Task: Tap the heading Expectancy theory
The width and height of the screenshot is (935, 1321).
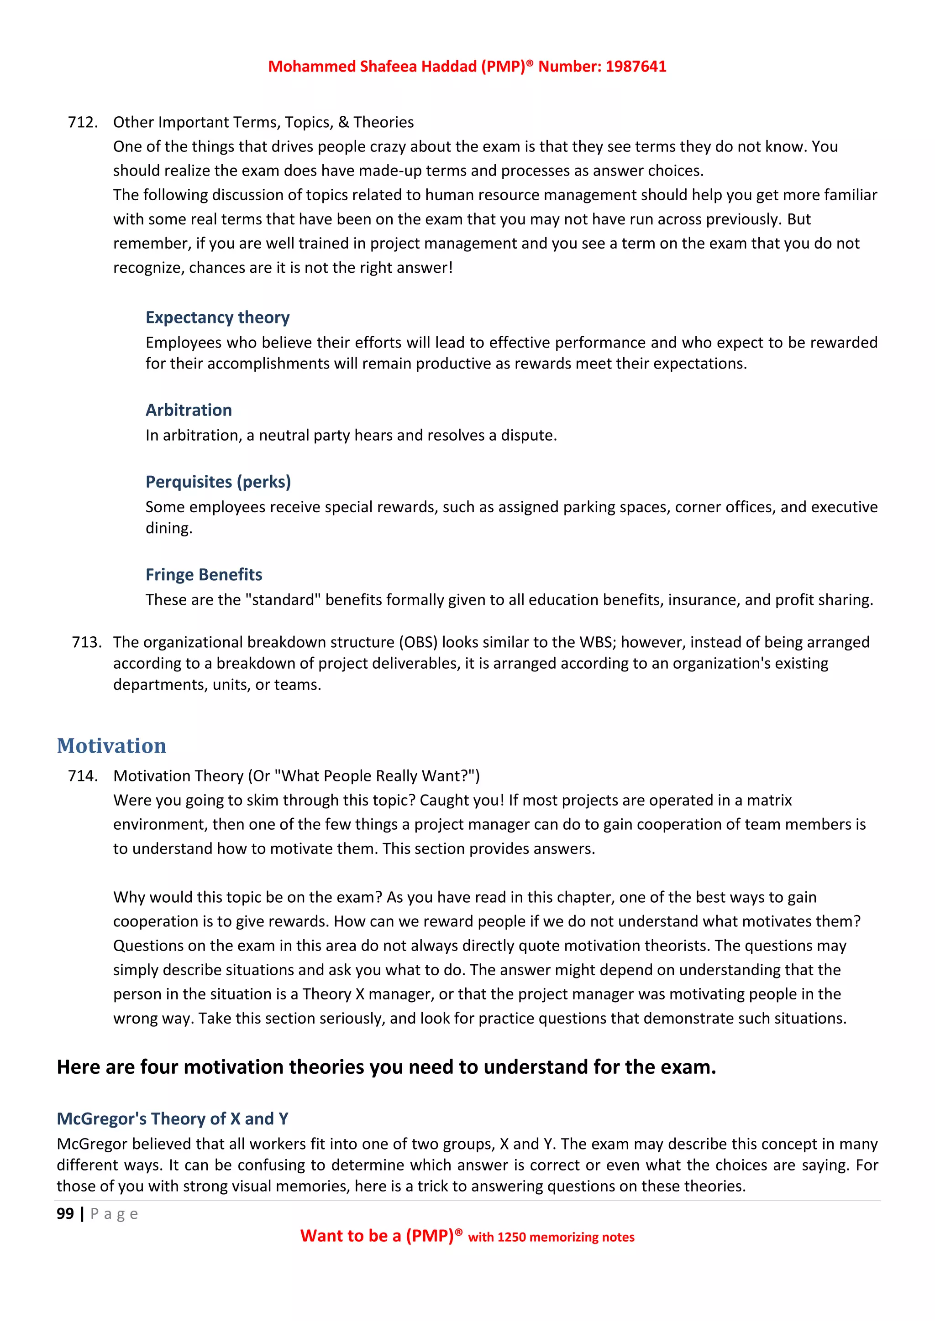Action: (x=217, y=317)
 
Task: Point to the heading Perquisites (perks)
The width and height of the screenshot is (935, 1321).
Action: (x=218, y=482)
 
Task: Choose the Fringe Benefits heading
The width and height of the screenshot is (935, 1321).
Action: (x=203, y=575)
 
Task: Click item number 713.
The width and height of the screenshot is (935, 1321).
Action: (x=86, y=642)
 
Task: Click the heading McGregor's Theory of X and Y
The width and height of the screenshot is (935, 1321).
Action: (x=172, y=1118)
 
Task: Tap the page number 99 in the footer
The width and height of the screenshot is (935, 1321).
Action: (x=65, y=1214)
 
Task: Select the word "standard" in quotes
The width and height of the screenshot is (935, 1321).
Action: (x=283, y=600)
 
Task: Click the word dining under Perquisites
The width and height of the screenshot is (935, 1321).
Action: (x=168, y=528)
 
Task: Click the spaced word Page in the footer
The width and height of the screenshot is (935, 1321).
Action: (x=114, y=1214)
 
